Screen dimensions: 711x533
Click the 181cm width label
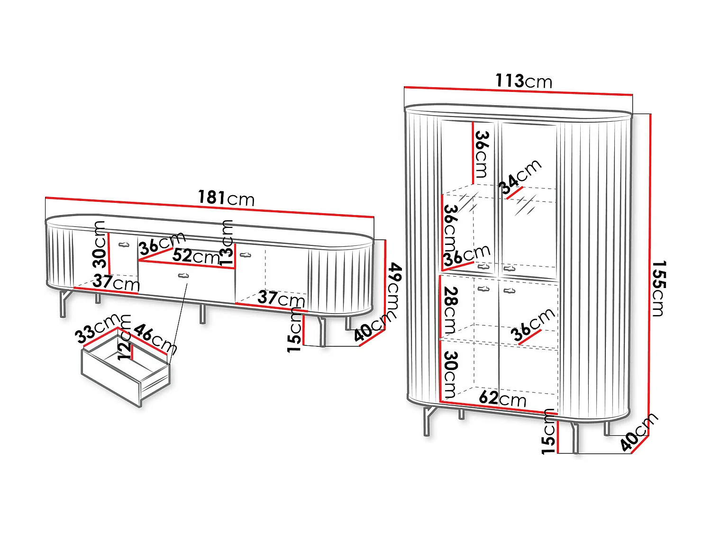pyautogui.click(x=226, y=198)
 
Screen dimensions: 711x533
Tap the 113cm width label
pyautogui.click(x=524, y=81)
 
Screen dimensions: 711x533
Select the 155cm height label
pyautogui.click(x=658, y=289)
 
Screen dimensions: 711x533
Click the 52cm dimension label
pyautogui.click(x=196, y=256)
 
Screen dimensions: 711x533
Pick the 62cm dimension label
pyautogui.click(x=502, y=398)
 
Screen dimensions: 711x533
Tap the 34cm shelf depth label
pyautogui.click(x=520, y=177)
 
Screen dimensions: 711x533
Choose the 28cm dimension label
pyautogui.click(x=450, y=310)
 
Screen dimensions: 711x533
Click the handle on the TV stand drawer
pyautogui.click(x=183, y=276)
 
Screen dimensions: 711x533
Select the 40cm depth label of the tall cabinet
pyautogui.click(x=639, y=432)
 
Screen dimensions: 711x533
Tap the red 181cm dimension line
pyautogui.click(x=210, y=207)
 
